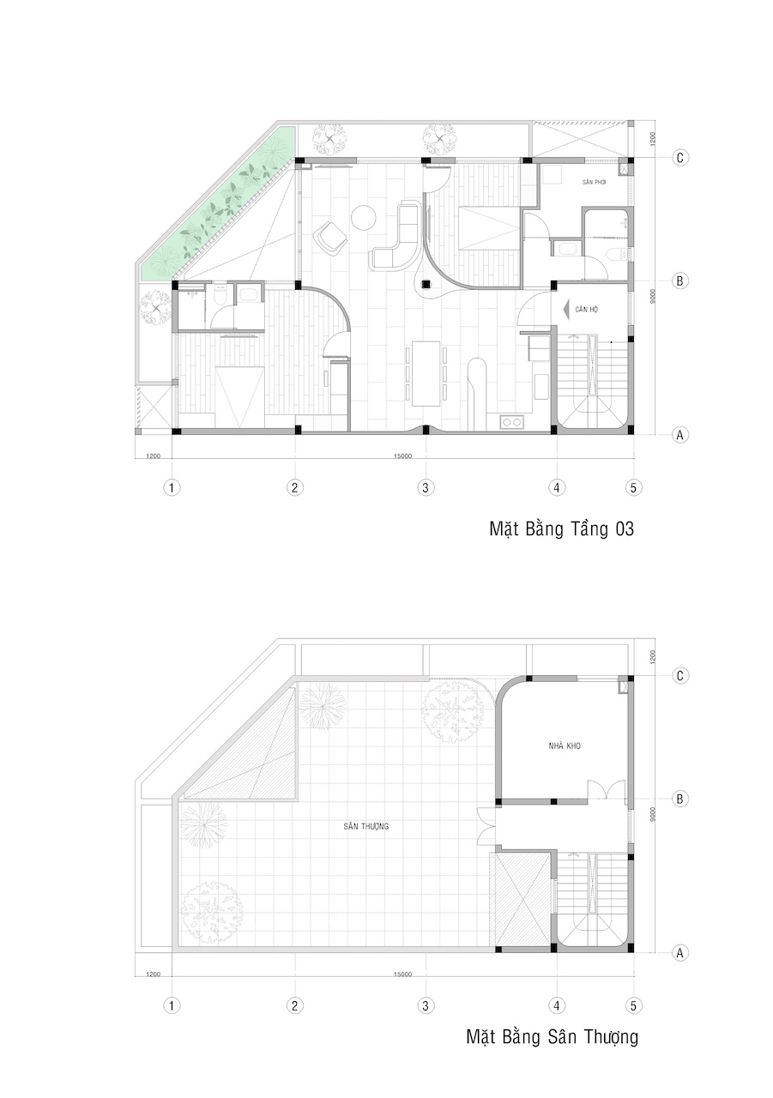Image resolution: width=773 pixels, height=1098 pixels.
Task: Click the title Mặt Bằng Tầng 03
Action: click(x=561, y=529)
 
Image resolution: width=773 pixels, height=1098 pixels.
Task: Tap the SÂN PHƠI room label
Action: click(x=594, y=183)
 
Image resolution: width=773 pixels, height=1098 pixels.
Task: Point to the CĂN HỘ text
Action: click(x=586, y=310)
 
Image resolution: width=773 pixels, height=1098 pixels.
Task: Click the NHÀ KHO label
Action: click(x=565, y=745)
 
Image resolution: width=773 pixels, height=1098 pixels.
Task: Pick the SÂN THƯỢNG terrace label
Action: click(x=365, y=826)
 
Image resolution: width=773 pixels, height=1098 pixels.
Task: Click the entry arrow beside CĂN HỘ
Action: click(x=565, y=310)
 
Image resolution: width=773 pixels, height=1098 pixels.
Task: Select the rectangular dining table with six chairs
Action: click(x=426, y=373)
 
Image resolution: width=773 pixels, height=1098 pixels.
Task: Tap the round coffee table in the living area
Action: click(x=364, y=218)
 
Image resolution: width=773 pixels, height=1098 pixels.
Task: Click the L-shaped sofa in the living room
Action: click(x=398, y=236)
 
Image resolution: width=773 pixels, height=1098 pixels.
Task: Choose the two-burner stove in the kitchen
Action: click(x=511, y=421)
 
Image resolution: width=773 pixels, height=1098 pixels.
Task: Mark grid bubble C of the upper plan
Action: click(x=679, y=158)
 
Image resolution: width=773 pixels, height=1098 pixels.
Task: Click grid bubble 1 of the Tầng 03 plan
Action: click(x=172, y=488)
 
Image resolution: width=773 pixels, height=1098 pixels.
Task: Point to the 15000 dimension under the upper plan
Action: click(x=402, y=455)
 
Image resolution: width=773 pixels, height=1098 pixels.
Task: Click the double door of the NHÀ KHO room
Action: click(x=607, y=789)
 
